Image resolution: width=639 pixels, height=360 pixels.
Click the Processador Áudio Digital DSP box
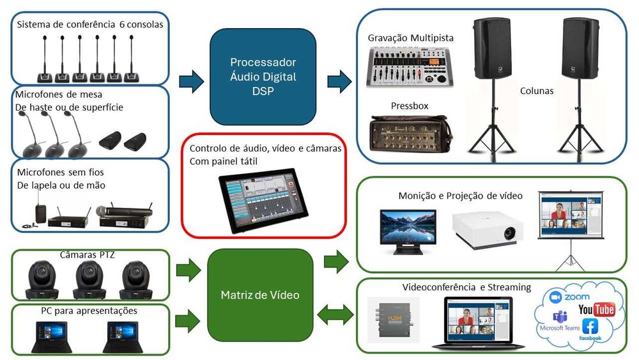click(x=263, y=77)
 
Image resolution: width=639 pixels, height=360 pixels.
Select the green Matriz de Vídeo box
click(x=260, y=295)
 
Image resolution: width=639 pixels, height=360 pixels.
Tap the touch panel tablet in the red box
click(x=262, y=200)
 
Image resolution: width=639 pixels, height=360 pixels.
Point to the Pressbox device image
click(x=410, y=135)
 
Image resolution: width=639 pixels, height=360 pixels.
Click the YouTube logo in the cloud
click(x=596, y=309)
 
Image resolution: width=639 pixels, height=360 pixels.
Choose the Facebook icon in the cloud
click(x=590, y=326)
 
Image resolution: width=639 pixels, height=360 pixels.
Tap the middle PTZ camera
click(x=89, y=279)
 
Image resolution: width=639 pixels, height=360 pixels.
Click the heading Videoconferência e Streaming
click(x=466, y=287)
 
